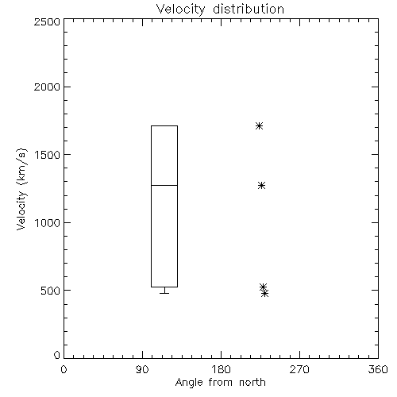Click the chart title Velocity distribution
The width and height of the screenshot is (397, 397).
tap(220, 9)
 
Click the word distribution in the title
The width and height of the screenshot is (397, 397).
tap(249, 9)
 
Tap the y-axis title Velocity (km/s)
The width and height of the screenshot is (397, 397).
tap(21, 189)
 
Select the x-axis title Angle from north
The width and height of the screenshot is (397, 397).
tap(220, 383)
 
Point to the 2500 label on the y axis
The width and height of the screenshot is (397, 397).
tap(47, 21)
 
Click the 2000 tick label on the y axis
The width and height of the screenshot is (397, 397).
tap(47, 87)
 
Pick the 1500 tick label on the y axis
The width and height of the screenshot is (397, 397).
tap(48, 155)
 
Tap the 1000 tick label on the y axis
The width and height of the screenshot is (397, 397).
tap(48, 222)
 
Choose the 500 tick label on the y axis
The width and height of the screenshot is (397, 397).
tap(51, 291)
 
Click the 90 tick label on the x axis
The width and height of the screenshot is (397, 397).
tap(142, 369)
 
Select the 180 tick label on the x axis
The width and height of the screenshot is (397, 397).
tap(221, 369)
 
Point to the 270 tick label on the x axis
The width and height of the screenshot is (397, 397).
tap(299, 369)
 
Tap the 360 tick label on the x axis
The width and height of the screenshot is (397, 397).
tap(378, 369)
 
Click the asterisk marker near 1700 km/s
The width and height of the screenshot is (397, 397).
tap(260, 125)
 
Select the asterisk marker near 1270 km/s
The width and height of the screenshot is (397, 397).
tap(261, 185)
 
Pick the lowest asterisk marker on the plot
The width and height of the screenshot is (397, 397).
tap(264, 293)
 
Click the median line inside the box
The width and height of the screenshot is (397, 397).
tap(164, 185)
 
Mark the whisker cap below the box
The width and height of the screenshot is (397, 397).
tap(164, 293)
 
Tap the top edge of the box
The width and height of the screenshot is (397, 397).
tap(164, 125)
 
